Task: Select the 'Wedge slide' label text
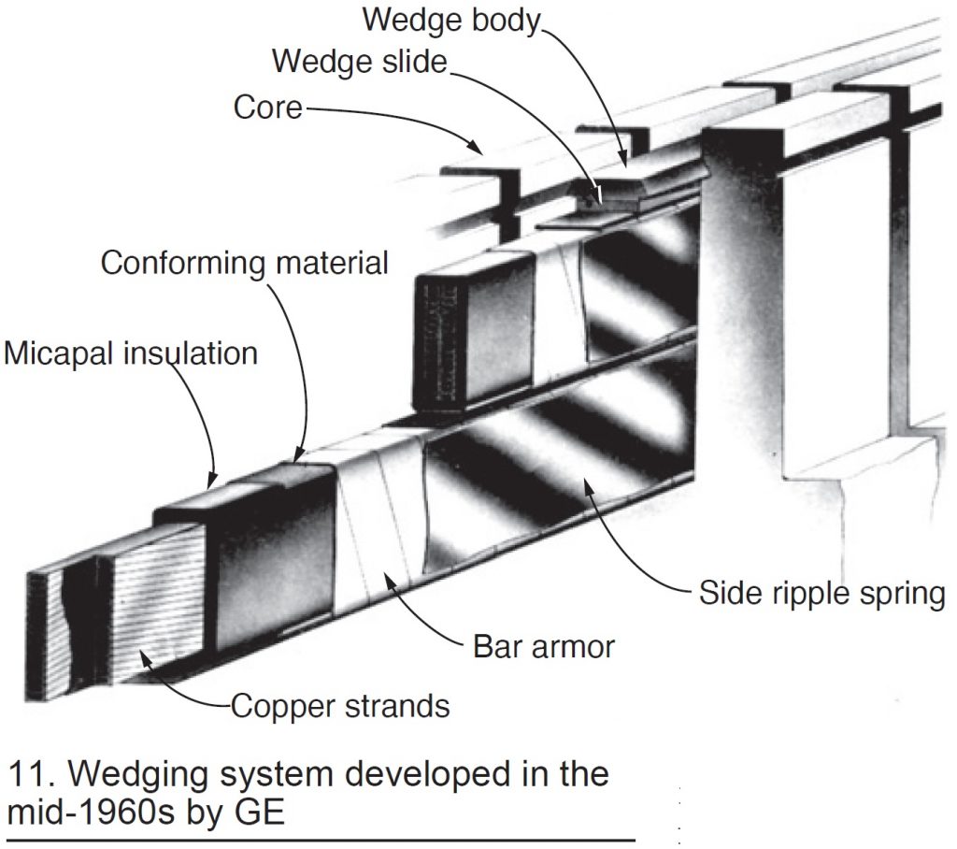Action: coord(361,62)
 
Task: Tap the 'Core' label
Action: coord(267,108)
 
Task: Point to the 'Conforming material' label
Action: coord(244,263)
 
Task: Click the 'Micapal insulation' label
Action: coord(131,353)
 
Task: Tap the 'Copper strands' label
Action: coord(339,706)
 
